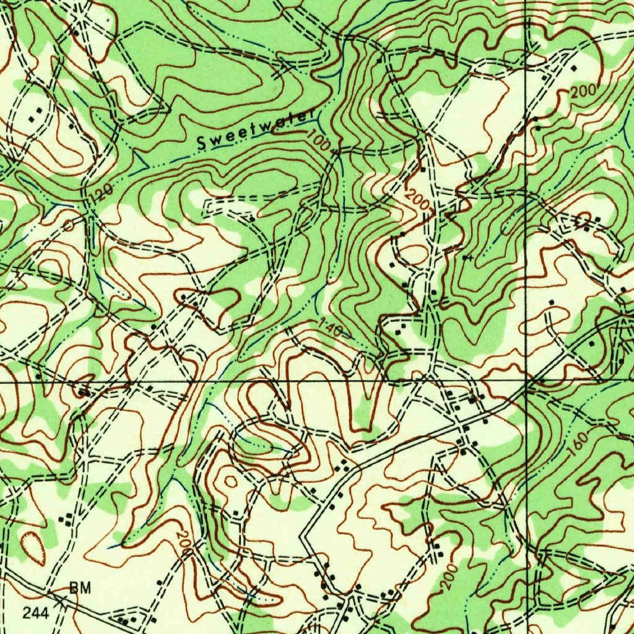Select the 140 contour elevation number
pyautogui.click(x=331, y=327)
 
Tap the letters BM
pyautogui.click(x=80, y=589)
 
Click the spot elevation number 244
pyautogui.click(x=35, y=613)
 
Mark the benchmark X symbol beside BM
pyautogui.click(x=62, y=599)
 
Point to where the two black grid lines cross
pyautogui.click(x=526, y=382)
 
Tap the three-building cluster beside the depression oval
pyautogui.click(x=64, y=518)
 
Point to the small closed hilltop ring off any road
pyautogui.click(x=230, y=480)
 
